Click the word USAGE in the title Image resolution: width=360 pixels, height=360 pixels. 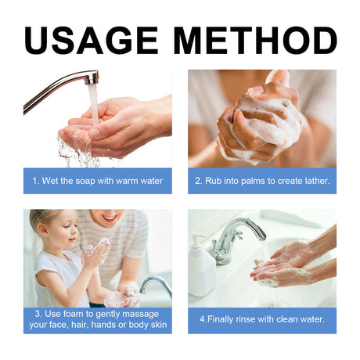click(91, 41)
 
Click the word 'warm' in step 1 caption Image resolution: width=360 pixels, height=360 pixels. click(127, 181)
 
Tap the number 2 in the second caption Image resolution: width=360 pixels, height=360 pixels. click(197, 181)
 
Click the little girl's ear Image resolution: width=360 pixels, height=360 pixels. click(42, 230)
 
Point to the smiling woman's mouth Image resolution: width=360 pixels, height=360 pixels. click(110, 218)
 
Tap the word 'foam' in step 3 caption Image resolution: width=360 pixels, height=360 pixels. click(74, 314)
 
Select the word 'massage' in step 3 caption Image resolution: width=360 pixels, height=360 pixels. click(140, 315)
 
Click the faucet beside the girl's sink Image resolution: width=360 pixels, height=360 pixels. click(156, 285)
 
